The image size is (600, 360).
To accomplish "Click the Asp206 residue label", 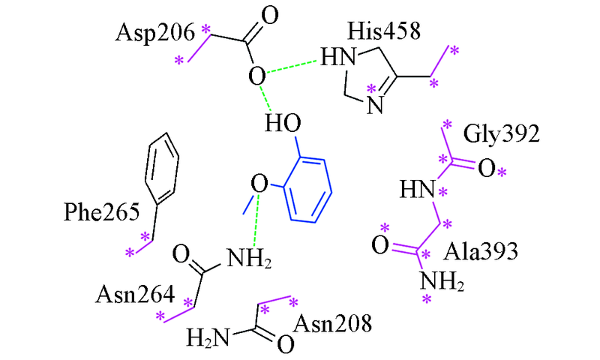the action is pos(155,33).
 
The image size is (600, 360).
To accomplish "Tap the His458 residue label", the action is pos(384,31).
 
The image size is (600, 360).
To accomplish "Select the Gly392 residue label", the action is pos(501,134).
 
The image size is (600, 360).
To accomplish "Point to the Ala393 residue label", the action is pos(481,252).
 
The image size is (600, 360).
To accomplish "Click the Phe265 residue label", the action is pos(102,211).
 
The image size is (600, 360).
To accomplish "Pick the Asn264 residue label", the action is pos(135,295).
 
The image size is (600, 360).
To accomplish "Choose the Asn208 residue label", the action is pos(332,323).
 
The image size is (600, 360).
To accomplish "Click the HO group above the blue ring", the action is pos(283,124).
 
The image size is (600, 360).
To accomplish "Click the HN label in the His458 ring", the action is pos(338,58).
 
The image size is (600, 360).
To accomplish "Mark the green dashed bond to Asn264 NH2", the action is pos(256,220).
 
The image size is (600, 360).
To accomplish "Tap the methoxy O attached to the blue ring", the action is pos(259,183).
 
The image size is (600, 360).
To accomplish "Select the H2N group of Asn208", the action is pos(208,337).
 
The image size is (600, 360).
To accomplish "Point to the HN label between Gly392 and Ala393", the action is pos(418,189).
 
